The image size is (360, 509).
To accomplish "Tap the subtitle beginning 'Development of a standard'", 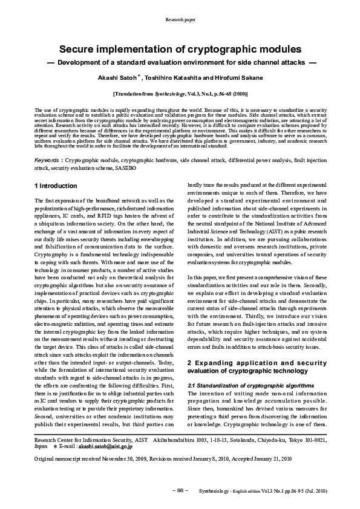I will point(180,62).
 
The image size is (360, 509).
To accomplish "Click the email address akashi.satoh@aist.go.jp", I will point(90,447).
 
